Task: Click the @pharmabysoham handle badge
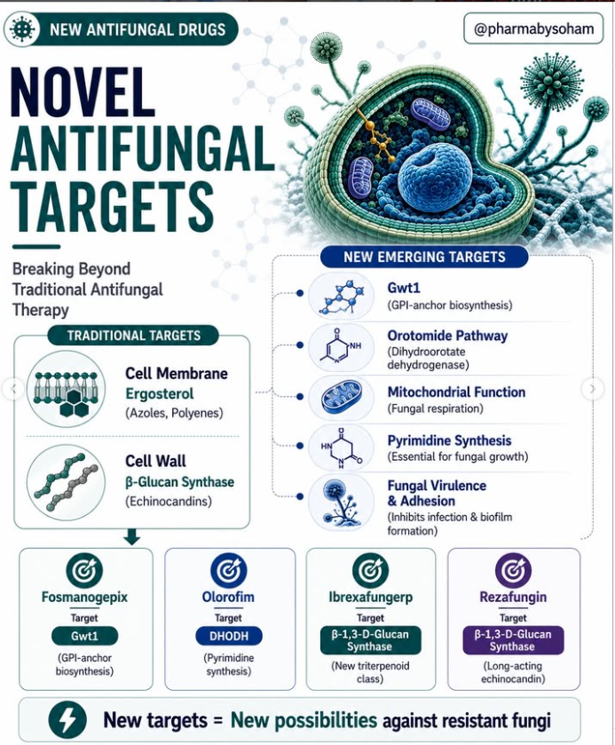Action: point(533,28)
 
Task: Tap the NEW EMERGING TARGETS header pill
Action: point(424,257)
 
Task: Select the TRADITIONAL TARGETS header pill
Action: point(133,336)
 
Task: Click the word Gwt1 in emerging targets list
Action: point(404,288)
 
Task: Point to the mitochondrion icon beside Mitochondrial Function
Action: point(341,398)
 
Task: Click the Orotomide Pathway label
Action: point(447,336)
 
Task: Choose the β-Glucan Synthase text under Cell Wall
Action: point(179,482)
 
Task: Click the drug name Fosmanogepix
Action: point(84,597)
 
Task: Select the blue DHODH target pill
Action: point(229,636)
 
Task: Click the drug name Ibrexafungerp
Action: point(370,597)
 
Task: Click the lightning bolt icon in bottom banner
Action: point(67,720)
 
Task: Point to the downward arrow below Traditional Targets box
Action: point(131,536)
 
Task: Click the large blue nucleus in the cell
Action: point(435,178)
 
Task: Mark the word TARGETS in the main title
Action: point(112,208)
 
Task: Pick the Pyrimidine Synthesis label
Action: point(449,440)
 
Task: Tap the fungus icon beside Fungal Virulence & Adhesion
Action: point(341,503)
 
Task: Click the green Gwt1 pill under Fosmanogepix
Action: point(84,636)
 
